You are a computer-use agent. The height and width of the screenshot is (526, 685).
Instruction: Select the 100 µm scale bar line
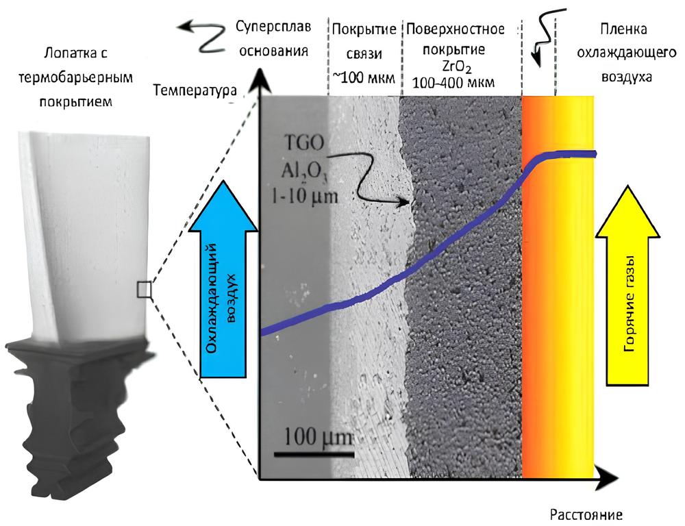click(x=314, y=453)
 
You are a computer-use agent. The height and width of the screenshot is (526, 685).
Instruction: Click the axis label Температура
click(x=196, y=90)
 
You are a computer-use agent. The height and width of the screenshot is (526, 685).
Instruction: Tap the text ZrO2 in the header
click(x=456, y=66)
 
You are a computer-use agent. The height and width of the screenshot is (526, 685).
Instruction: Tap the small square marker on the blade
click(x=144, y=290)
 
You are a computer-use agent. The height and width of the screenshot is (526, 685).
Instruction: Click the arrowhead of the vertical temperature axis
click(x=259, y=80)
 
